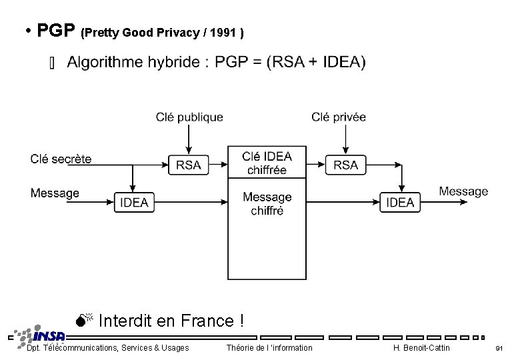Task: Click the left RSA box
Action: (189, 165)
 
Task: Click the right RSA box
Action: (345, 165)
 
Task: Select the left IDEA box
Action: (134, 202)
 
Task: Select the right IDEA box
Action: (400, 202)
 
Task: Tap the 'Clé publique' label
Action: (189, 117)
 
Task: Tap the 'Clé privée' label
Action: (339, 117)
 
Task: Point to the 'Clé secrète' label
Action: (61, 159)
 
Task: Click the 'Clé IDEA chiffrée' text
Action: (267, 163)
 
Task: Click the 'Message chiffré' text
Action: (267, 204)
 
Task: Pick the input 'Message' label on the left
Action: (55, 193)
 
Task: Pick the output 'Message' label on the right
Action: (463, 191)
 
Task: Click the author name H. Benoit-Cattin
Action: (421, 348)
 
